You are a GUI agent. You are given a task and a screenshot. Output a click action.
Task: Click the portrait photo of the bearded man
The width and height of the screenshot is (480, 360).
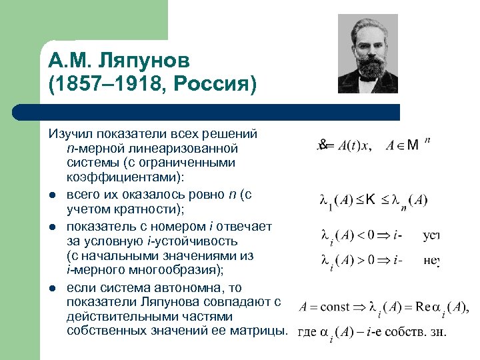click(x=368, y=55)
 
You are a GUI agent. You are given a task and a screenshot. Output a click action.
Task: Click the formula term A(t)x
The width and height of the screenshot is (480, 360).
click(x=349, y=146)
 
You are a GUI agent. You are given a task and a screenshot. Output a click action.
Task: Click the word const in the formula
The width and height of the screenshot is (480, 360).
click(x=335, y=307)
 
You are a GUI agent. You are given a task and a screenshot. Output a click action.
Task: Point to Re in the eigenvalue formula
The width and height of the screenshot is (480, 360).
click(x=424, y=307)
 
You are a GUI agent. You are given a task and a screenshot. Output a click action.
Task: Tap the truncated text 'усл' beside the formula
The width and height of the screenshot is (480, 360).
click(x=431, y=235)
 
